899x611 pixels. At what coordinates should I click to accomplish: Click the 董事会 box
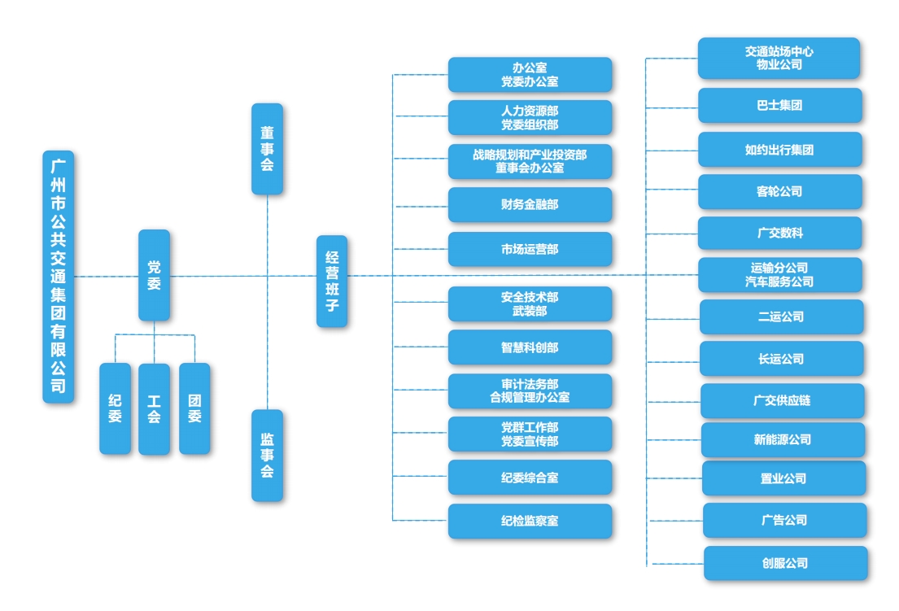tap(267, 149)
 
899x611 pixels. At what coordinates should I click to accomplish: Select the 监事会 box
tap(267, 455)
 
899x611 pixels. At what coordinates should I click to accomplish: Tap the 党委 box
tap(155, 275)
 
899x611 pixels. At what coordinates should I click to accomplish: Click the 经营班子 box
tap(332, 281)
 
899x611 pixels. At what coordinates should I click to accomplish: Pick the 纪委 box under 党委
tap(116, 408)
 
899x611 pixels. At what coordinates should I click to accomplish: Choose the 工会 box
tap(155, 408)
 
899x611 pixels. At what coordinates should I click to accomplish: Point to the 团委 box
tap(195, 408)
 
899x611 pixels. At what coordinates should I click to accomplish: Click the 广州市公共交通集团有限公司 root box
tap(59, 277)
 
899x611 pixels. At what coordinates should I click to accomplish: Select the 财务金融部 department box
tap(530, 205)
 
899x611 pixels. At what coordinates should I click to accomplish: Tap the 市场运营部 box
tap(530, 249)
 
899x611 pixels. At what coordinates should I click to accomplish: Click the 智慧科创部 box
tap(530, 347)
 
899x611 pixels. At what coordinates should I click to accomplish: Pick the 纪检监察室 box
tap(530, 521)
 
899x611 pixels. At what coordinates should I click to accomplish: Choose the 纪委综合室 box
tap(530, 478)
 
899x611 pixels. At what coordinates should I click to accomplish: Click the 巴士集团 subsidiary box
tap(780, 106)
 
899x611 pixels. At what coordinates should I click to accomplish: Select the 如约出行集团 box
tap(780, 150)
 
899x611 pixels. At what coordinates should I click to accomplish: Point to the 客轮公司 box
tap(780, 191)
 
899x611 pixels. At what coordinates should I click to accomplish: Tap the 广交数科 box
tap(780, 233)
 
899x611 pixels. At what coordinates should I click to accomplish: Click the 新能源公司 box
tap(783, 439)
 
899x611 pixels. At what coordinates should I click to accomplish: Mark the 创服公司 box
tap(785, 564)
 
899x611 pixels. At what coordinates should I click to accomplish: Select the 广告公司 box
tap(785, 521)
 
